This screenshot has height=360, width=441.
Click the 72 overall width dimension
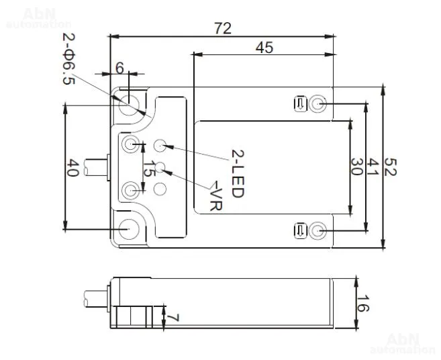[x=223, y=28]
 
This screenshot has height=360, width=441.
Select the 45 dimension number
[x=264, y=48]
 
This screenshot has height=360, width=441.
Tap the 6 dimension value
[x=119, y=68]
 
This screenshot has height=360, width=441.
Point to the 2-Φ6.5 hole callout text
[x=68, y=59]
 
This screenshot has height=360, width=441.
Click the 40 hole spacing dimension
[x=72, y=168]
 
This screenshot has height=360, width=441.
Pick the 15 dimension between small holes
[x=149, y=169]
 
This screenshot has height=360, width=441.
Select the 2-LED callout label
[x=238, y=174]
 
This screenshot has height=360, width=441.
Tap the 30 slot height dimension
[x=356, y=167]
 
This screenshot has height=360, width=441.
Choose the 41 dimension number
[x=373, y=167]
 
